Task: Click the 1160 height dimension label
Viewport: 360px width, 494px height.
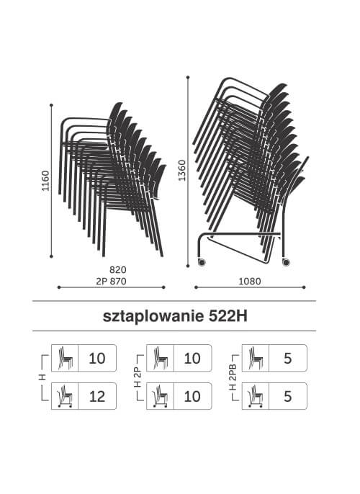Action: (x=46, y=181)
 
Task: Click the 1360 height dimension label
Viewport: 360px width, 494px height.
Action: (x=182, y=171)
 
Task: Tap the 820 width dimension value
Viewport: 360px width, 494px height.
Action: (x=118, y=270)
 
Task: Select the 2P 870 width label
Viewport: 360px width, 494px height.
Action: (x=111, y=282)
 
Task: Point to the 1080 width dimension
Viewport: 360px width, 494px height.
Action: (x=250, y=282)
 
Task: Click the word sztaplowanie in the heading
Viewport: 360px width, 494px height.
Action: (x=153, y=316)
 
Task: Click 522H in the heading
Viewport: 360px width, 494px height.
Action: (x=228, y=316)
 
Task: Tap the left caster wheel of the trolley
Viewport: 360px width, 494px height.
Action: (x=201, y=262)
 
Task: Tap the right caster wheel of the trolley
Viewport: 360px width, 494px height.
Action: (x=286, y=262)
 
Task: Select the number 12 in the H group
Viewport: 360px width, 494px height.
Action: (x=97, y=396)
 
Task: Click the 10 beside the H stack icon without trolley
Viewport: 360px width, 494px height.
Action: (x=97, y=358)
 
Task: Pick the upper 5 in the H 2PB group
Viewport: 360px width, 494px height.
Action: (x=287, y=358)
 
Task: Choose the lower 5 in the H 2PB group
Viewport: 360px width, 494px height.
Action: (x=287, y=396)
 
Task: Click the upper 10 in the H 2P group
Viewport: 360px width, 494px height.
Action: (x=192, y=358)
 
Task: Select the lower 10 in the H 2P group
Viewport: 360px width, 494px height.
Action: (x=192, y=396)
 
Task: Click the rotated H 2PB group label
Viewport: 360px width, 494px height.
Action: (x=233, y=377)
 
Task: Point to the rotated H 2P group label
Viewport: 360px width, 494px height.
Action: (x=138, y=377)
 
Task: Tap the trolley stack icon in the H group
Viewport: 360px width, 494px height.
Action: (x=65, y=396)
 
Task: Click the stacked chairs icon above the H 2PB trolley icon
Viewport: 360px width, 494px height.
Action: (x=256, y=358)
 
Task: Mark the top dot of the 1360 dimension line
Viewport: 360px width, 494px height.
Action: (x=188, y=77)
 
